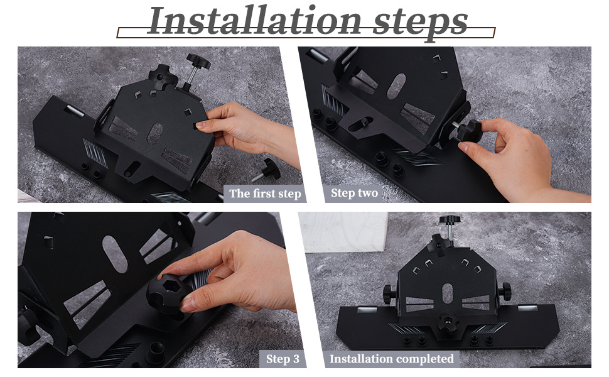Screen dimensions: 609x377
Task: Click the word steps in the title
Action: [x=420, y=23]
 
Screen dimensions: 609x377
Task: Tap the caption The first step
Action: [x=265, y=194]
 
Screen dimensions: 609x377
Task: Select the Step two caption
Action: [x=354, y=193]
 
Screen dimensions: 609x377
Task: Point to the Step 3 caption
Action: [x=283, y=359]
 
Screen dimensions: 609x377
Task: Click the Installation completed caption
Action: [x=392, y=358]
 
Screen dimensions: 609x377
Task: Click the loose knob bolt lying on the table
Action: [x=267, y=170]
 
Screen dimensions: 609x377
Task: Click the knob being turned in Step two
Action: [x=468, y=131]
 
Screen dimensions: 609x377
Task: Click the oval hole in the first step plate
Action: [x=155, y=134]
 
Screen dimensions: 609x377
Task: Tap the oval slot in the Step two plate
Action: [x=396, y=86]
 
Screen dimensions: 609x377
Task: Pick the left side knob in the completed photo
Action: [x=389, y=294]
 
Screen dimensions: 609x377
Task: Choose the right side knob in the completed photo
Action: [x=505, y=292]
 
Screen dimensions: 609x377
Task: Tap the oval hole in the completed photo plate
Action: [x=448, y=293]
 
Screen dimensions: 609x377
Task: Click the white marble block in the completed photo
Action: [x=343, y=232]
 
